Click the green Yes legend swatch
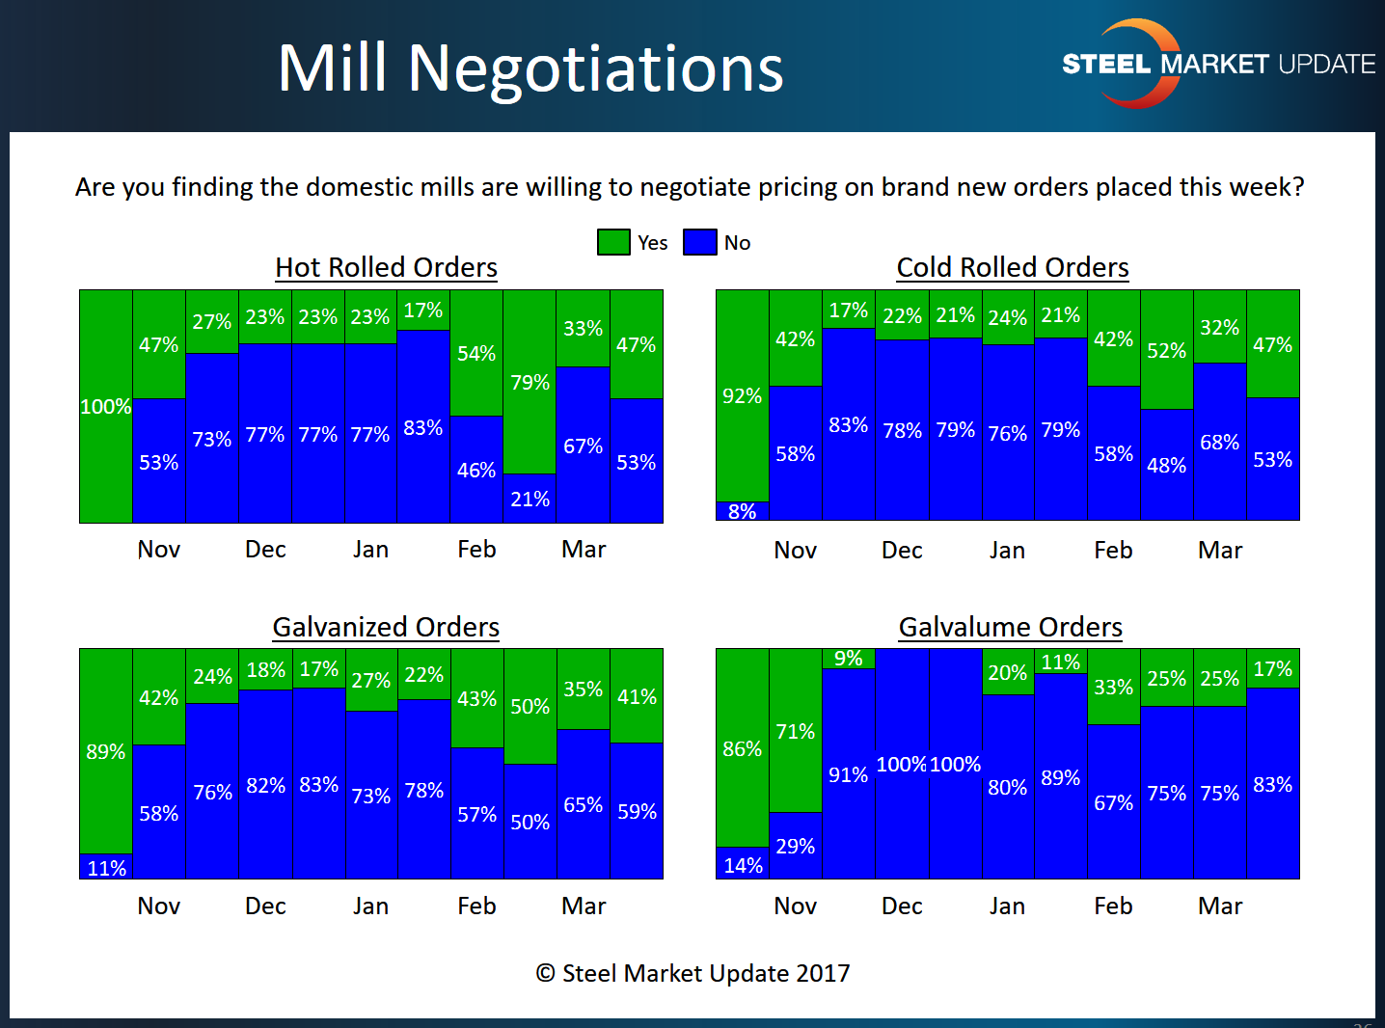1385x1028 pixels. click(613, 242)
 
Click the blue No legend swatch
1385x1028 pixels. click(699, 242)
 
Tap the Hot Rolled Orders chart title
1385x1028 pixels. click(386, 267)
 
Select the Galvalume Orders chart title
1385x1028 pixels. click(1010, 627)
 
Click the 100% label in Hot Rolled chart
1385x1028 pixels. click(105, 407)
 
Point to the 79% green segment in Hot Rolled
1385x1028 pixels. click(530, 382)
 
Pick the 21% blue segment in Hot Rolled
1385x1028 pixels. click(530, 499)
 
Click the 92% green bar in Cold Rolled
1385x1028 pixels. click(742, 395)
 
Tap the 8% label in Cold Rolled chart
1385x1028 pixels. click(742, 512)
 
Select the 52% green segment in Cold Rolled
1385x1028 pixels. click(1166, 350)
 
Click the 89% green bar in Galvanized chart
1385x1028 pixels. click(105, 751)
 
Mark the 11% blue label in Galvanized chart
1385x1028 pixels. click(106, 868)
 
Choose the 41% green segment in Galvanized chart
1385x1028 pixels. click(637, 696)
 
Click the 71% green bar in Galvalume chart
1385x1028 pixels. click(795, 731)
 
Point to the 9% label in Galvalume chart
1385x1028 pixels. click(848, 659)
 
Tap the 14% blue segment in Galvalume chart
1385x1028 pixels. click(743, 864)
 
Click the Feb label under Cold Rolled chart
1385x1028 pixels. click(1113, 551)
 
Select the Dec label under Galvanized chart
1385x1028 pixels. click(265, 906)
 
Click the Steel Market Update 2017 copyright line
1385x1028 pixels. click(692, 973)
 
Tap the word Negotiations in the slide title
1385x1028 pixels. click(595, 68)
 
